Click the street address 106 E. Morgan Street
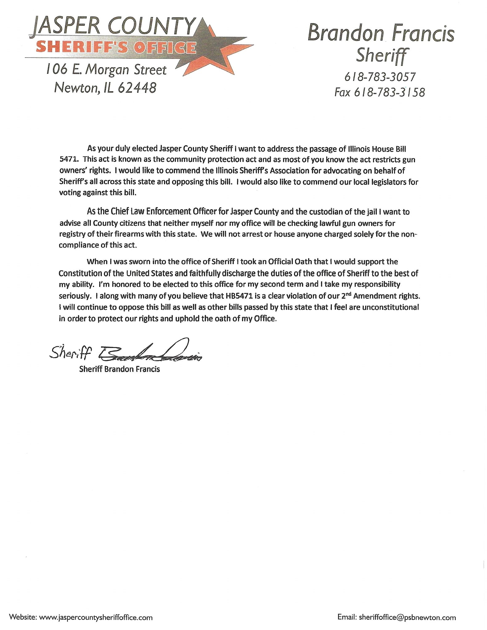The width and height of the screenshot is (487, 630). [x=106, y=70]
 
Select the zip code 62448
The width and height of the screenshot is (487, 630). [x=137, y=88]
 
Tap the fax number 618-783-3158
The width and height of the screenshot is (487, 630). [x=390, y=92]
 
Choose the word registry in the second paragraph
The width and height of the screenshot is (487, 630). [x=71, y=234]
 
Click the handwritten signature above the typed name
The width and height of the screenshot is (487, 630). [x=148, y=353]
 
